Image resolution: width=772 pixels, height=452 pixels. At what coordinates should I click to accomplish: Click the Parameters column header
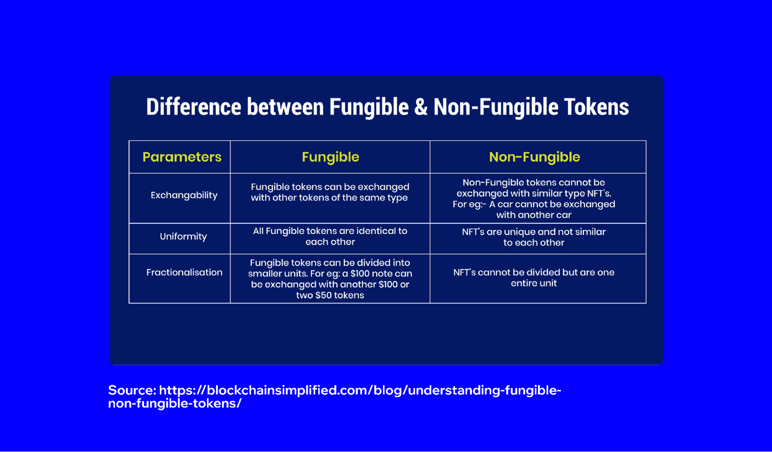pyautogui.click(x=182, y=157)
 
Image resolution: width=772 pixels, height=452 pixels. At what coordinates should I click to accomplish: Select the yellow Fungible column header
pyautogui.click(x=330, y=157)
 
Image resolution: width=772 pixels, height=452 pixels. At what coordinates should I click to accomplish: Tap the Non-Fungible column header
pyautogui.click(x=534, y=157)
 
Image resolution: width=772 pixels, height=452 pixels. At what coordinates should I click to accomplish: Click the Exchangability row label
pyautogui.click(x=184, y=195)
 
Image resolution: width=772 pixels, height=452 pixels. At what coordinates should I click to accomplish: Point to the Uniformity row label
pyautogui.click(x=183, y=237)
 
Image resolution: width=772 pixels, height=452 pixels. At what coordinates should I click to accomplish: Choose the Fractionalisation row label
pyautogui.click(x=184, y=272)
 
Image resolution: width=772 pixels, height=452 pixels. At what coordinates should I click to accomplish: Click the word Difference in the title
pyautogui.click(x=193, y=107)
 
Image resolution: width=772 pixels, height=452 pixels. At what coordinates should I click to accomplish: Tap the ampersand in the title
pyautogui.click(x=421, y=107)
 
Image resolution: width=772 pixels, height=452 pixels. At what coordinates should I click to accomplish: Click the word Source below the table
pyautogui.click(x=132, y=390)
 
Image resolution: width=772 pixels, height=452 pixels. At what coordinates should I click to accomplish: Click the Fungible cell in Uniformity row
pyautogui.click(x=330, y=237)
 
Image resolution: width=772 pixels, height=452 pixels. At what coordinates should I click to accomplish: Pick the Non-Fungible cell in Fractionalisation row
pyautogui.click(x=534, y=278)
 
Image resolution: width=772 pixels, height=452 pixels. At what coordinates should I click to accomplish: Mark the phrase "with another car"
pyautogui.click(x=534, y=215)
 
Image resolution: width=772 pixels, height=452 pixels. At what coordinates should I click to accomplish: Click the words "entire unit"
pyautogui.click(x=534, y=283)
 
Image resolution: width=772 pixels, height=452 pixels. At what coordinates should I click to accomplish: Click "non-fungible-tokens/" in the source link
pyautogui.click(x=175, y=403)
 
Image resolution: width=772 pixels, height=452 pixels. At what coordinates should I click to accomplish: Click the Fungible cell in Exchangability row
pyautogui.click(x=330, y=192)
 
